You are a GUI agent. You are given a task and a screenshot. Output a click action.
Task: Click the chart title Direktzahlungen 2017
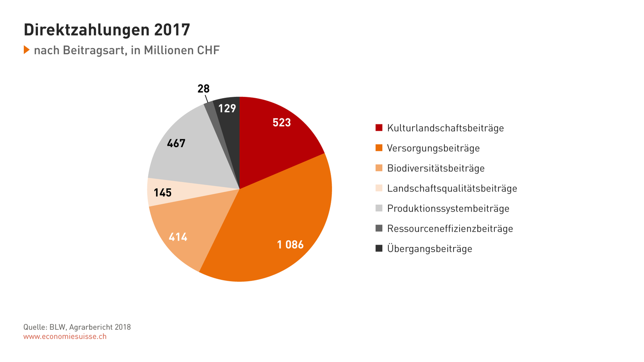click(107, 30)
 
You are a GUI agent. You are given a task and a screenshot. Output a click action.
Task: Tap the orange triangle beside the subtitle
click(27, 50)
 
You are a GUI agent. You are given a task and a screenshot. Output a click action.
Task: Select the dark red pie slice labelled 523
click(278, 133)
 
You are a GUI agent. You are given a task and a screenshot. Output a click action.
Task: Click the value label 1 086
click(290, 245)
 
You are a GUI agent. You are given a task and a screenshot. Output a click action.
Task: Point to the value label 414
click(178, 237)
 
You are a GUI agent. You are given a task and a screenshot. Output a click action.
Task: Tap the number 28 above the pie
click(203, 88)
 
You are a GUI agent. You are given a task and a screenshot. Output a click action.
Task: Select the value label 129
click(227, 109)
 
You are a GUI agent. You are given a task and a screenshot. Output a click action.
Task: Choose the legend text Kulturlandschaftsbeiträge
click(445, 128)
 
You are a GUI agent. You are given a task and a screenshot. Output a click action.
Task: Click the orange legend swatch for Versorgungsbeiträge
click(379, 148)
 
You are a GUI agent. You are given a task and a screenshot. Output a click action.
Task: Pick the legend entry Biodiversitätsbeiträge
click(436, 168)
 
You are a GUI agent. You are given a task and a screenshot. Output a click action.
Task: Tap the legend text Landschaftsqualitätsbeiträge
click(452, 188)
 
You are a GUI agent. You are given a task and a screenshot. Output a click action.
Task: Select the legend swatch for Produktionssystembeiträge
click(379, 208)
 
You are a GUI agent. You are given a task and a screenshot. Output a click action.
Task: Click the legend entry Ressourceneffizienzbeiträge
click(450, 228)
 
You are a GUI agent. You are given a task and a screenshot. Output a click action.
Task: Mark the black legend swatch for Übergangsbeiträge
click(379, 249)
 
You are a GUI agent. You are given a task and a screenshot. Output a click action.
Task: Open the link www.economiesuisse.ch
click(65, 337)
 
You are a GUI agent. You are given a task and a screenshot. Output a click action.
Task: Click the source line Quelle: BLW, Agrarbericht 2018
click(77, 327)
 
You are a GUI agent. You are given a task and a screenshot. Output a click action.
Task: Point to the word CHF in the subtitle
click(208, 50)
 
